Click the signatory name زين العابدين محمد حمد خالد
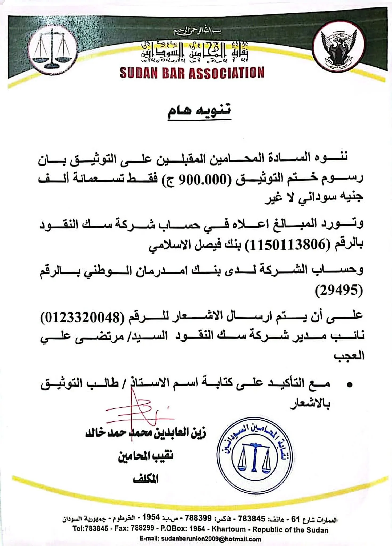click(x=145, y=433)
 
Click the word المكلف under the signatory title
click(x=146, y=479)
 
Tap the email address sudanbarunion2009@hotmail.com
click(x=200, y=539)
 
